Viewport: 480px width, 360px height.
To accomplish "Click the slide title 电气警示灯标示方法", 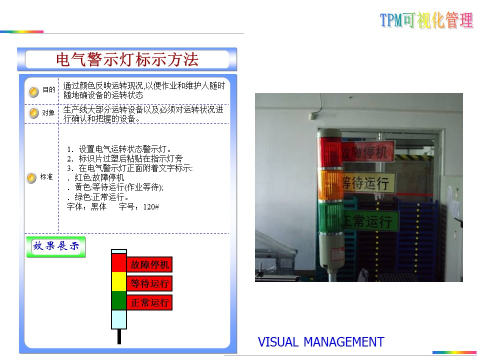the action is pyautogui.click(x=127, y=59).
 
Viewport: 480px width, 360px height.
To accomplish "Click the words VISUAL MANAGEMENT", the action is pyautogui.click(x=321, y=342).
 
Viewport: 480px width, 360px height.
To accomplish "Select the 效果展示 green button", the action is pyautogui.click(x=55, y=246).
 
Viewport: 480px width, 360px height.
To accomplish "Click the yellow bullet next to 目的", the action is pyautogui.click(x=33, y=91).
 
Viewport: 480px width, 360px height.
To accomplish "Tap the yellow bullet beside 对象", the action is pyautogui.click(x=33, y=112).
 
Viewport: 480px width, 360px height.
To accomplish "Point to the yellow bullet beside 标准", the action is pyautogui.click(x=31, y=177).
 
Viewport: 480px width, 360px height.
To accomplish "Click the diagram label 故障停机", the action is pyautogui.click(x=149, y=264).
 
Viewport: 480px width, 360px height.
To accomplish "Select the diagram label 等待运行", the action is pyautogui.click(x=149, y=283).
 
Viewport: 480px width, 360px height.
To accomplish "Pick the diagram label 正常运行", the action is pyautogui.click(x=149, y=302).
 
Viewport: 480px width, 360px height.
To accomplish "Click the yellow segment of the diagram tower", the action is pyautogui.click(x=119, y=281).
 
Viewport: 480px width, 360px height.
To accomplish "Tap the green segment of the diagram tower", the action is pyautogui.click(x=119, y=300).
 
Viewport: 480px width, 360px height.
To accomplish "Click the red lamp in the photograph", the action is pyautogui.click(x=329, y=152).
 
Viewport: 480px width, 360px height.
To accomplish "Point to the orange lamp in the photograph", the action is pyautogui.click(x=330, y=185).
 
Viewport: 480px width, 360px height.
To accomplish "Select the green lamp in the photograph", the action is pyautogui.click(x=330, y=217).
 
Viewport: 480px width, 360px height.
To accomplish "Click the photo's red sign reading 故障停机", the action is pyautogui.click(x=367, y=151).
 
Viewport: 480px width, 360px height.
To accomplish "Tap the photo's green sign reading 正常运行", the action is pyautogui.click(x=370, y=220).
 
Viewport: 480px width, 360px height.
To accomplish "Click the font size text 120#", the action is pyautogui.click(x=151, y=207).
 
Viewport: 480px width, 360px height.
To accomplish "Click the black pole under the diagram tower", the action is pyautogui.click(x=119, y=336).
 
